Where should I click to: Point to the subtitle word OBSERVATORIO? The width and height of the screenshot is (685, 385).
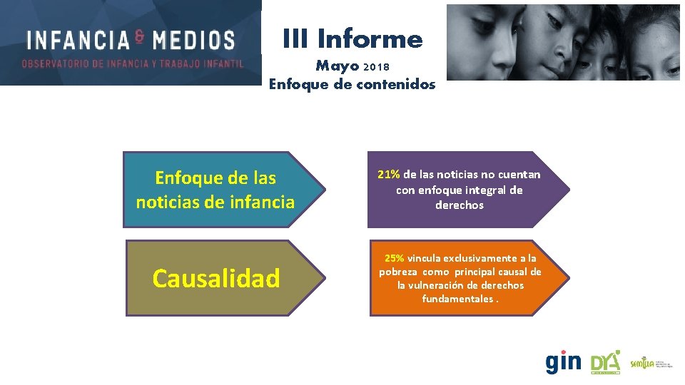click(x=55, y=63)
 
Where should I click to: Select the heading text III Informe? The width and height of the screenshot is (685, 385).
click(x=352, y=38)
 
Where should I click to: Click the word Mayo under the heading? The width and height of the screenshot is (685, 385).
click(x=338, y=66)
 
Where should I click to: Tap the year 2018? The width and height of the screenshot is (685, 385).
click(x=377, y=68)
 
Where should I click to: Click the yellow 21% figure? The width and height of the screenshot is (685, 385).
click(x=389, y=175)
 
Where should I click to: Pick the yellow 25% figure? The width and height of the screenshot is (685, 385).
click(x=394, y=258)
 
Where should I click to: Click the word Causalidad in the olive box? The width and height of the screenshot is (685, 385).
click(x=216, y=278)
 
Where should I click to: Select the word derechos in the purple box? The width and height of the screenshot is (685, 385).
click(x=460, y=205)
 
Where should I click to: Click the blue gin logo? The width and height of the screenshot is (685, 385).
click(x=563, y=362)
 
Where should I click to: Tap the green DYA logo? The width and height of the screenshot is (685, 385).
click(x=606, y=362)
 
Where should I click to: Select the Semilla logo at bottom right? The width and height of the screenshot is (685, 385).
click(x=646, y=364)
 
